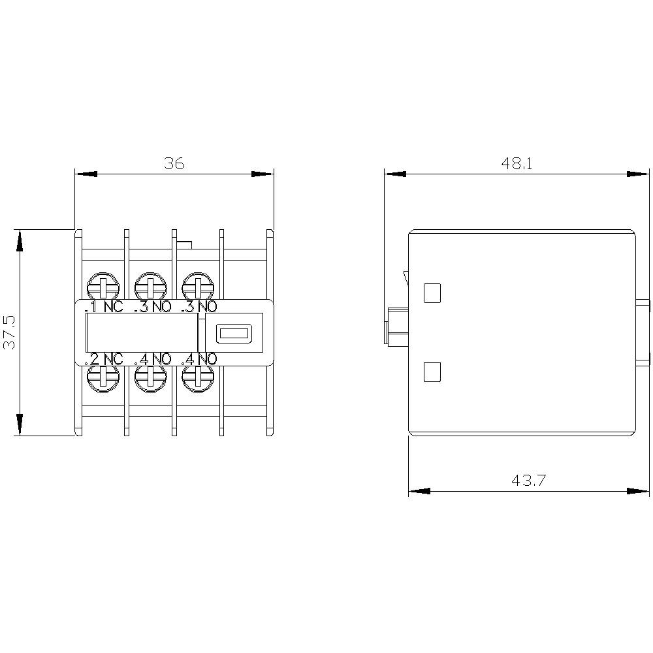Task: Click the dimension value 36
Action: pyautogui.click(x=174, y=164)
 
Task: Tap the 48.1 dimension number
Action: pyautogui.click(x=517, y=164)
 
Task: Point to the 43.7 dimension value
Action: pyautogui.click(x=528, y=481)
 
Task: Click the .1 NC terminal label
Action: pyautogui.click(x=104, y=307)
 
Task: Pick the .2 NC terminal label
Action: pyautogui.click(x=104, y=358)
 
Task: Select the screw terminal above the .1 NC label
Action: pyautogui.click(x=103, y=285)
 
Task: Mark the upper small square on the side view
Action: pyautogui.click(x=432, y=293)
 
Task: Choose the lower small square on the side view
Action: pyautogui.click(x=432, y=372)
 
